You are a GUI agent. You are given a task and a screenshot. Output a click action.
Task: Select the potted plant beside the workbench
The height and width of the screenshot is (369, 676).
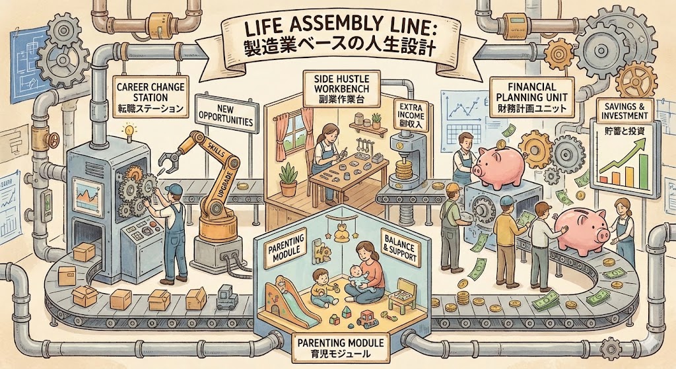288,180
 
